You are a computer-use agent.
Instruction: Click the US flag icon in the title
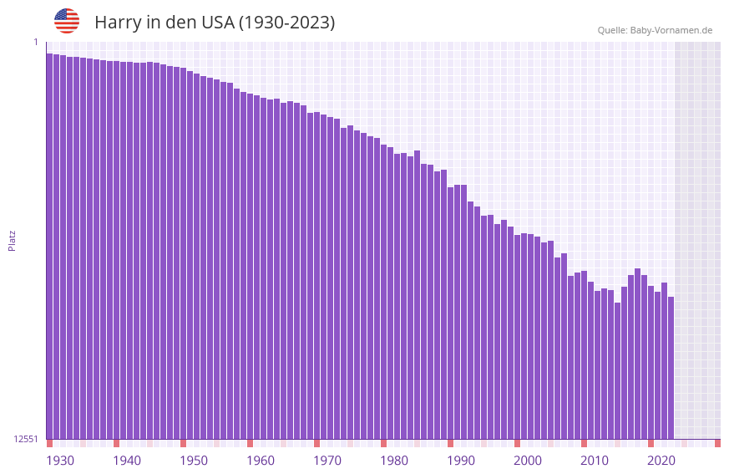pos(67,21)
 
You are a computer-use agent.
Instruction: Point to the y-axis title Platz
pos(12,241)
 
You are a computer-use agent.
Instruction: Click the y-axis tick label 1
pos(36,42)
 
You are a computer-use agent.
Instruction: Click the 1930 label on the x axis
pos(60,461)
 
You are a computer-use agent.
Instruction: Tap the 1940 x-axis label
pos(127,461)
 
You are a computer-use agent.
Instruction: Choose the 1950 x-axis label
pos(194,461)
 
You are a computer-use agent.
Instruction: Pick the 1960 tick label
pos(261,461)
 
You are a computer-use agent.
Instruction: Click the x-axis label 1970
pos(327,461)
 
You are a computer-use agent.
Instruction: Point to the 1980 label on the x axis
pos(394,461)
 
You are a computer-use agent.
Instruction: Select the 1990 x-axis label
pos(461,461)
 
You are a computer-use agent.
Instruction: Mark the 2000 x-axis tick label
pos(528,461)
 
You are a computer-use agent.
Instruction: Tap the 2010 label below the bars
pos(595,461)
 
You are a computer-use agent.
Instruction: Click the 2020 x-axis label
pos(661,461)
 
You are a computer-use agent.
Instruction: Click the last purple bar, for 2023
pos(671,368)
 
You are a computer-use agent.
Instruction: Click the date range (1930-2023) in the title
pos(287,23)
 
